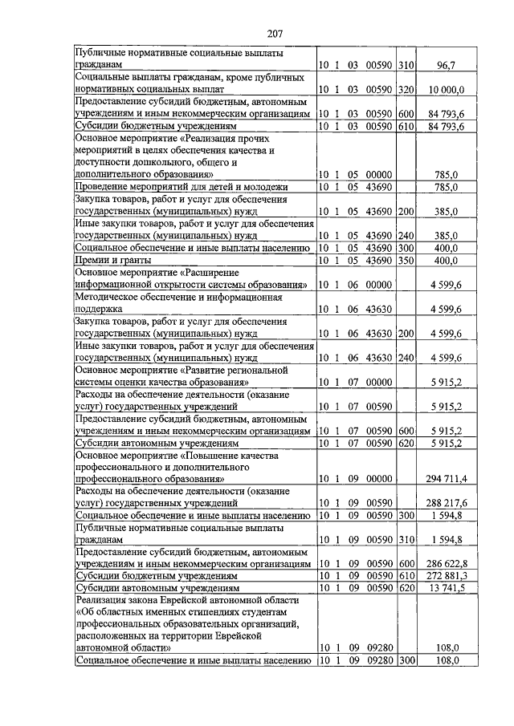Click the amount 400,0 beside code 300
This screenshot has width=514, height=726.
445,249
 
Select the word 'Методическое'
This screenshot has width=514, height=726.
107,297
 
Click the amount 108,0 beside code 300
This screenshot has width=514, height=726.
447,660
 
